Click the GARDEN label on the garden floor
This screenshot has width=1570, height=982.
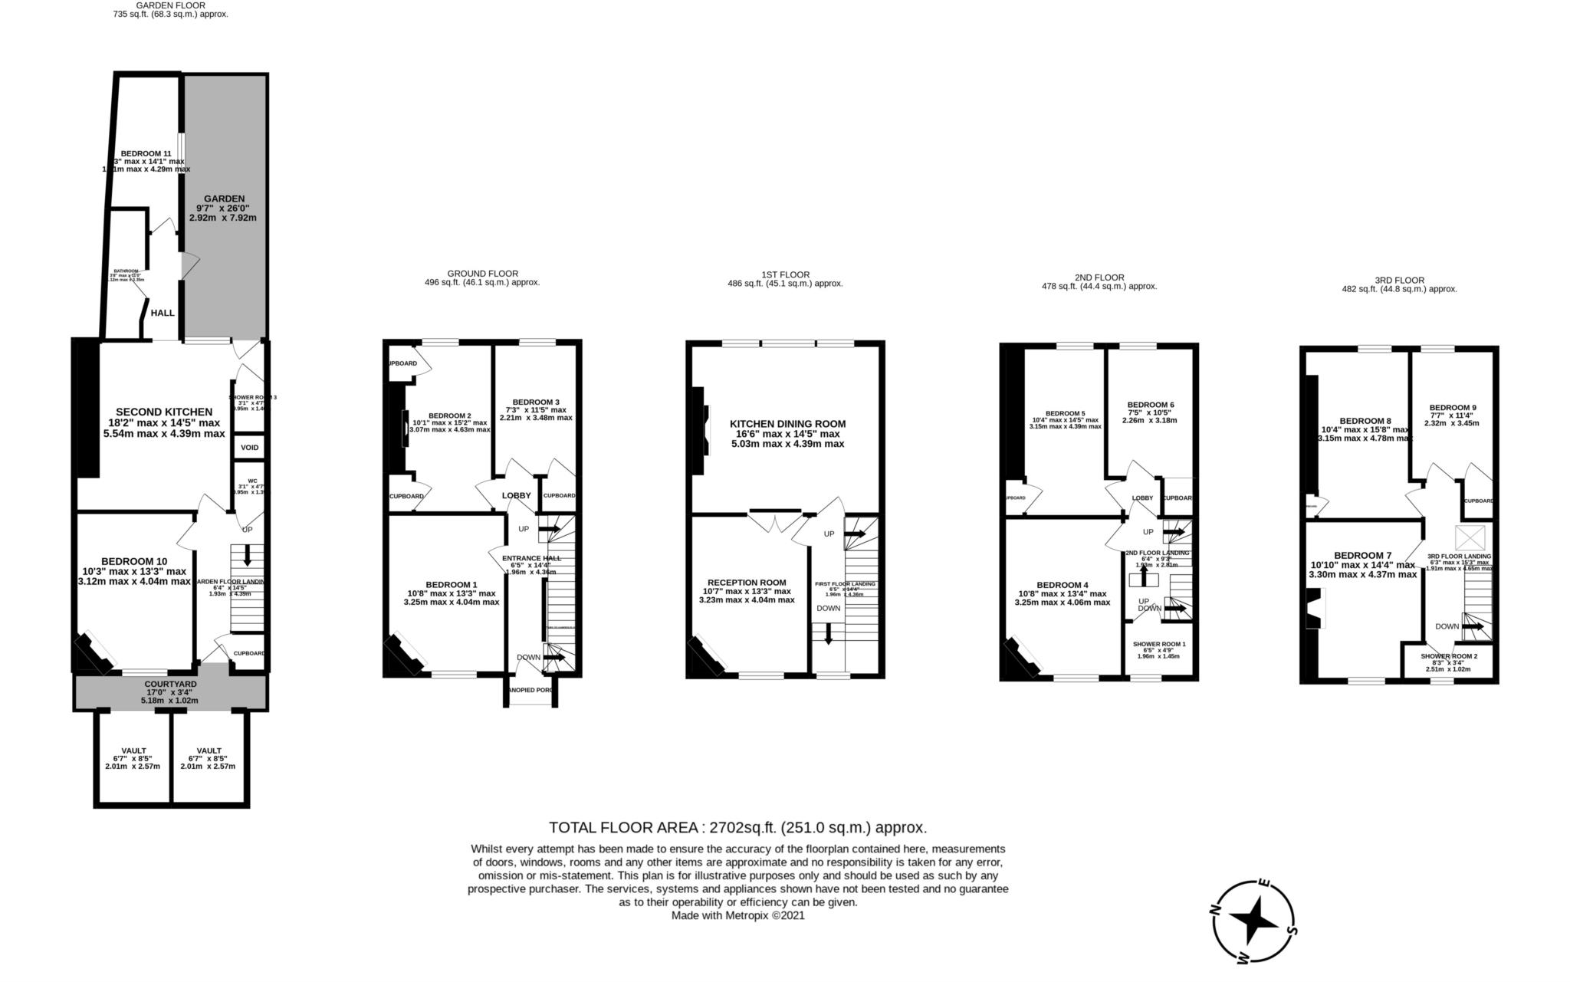tap(224, 199)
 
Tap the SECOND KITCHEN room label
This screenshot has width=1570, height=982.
tap(163, 412)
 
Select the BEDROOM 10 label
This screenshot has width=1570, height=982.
tap(133, 561)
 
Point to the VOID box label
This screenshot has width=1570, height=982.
tap(250, 448)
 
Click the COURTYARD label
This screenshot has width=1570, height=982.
tap(170, 684)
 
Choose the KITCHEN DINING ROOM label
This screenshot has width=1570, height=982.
tap(787, 424)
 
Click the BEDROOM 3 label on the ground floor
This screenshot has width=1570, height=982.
tap(536, 402)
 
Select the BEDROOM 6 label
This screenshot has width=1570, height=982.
tap(1151, 405)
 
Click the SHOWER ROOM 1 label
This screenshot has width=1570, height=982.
tap(1159, 644)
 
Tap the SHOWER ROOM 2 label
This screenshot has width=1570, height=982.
tap(1449, 656)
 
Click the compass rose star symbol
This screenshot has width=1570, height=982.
tap(1255, 920)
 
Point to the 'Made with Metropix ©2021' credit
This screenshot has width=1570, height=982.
tap(737, 915)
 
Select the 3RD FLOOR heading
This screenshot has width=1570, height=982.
tap(1399, 281)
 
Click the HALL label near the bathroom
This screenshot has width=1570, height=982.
tap(163, 313)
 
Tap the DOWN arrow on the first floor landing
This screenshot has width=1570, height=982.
tap(828, 633)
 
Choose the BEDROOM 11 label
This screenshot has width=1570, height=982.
tap(146, 153)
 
